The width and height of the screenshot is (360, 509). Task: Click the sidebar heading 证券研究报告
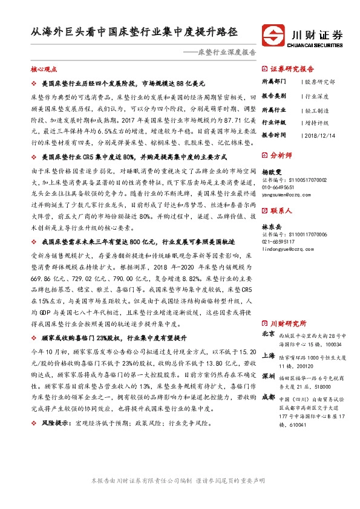point(293,69)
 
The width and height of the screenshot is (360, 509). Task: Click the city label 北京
point(269,334)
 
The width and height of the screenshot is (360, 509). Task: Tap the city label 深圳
point(269,376)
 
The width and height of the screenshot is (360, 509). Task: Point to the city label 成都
point(269,397)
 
